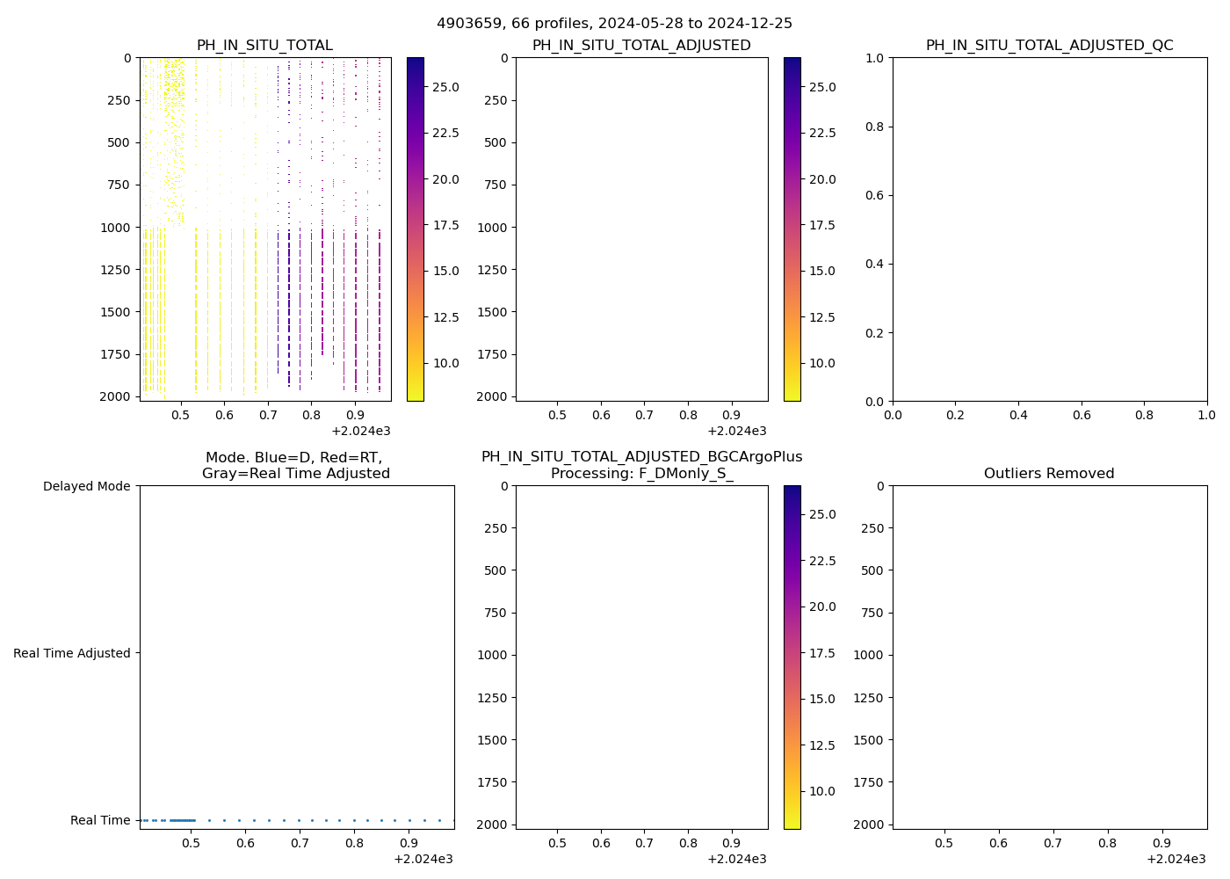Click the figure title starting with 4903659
614,23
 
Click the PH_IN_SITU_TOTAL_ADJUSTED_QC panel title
1049,45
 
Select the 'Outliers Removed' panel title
1049,473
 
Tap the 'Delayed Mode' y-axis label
86,486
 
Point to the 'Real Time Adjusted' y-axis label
72,653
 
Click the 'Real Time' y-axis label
100,820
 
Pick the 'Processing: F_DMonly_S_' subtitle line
641,473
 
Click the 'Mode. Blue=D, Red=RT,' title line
295,457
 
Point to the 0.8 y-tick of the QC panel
872,127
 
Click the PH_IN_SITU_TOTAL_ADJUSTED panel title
641,45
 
